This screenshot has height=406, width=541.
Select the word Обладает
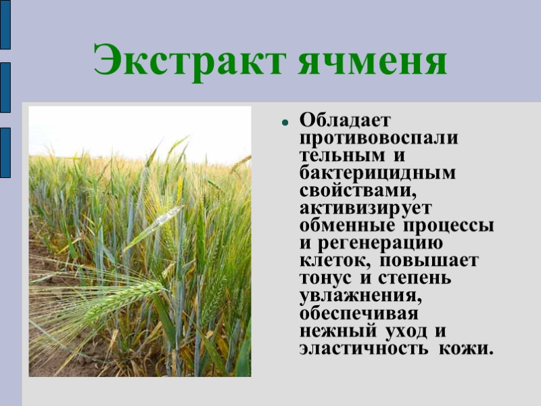pyautogui.click(x=346, y=120)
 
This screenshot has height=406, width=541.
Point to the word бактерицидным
pyautogui.click(x=377, y=173)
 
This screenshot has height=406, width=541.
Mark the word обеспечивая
pyautogui.click(x=358, y=314)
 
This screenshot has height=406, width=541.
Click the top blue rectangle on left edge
pyautogui.click(x=5, y=25)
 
